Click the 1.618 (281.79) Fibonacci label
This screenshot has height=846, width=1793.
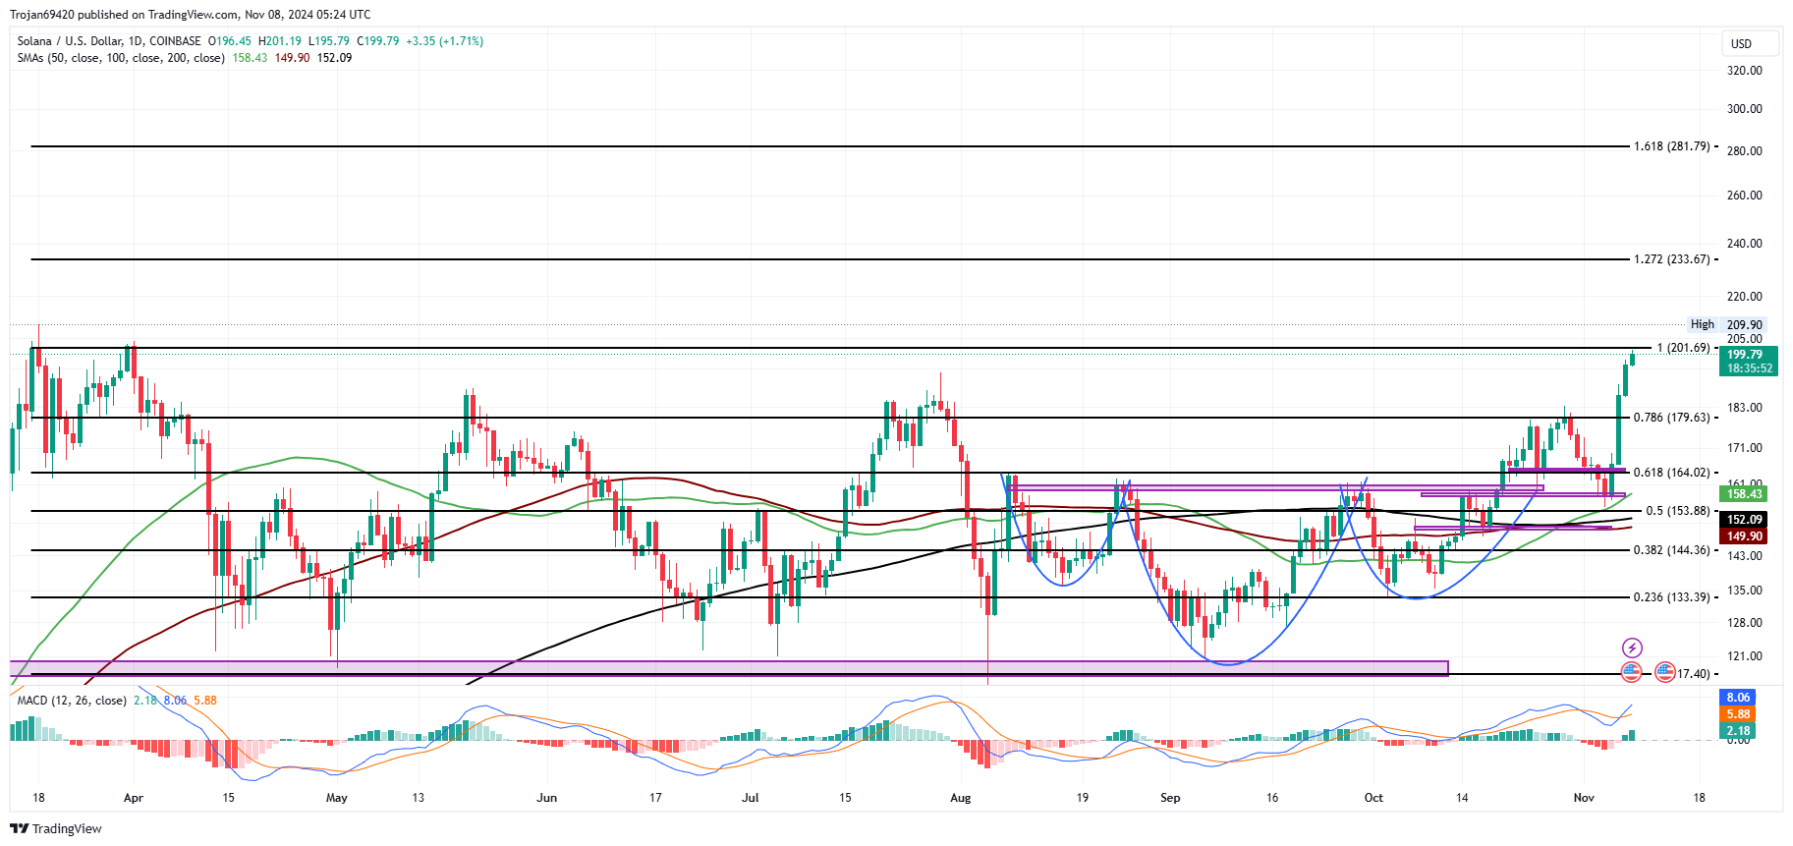(1672, 146)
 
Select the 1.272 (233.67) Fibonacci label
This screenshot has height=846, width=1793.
(1672, 259)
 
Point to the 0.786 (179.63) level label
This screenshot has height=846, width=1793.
(1672, 418)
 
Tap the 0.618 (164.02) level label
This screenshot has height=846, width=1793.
(1672, 473)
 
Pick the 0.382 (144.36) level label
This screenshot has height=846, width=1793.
(1672, 550)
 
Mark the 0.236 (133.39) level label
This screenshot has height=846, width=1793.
(1672, 597)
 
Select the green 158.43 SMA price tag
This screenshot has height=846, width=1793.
(1745, 494)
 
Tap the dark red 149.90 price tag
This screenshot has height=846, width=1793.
(1745, 536)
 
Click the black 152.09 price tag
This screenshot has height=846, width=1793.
(1745, 520)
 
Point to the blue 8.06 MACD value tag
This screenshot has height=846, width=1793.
(1738, 698)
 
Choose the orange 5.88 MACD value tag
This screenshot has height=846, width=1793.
(1738, 714)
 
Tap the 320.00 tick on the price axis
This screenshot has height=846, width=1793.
(1744, 71)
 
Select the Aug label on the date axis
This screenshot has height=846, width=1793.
(960, 798)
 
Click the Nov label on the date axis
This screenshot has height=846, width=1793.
(1583, 798)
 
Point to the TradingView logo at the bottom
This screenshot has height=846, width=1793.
(56, 828)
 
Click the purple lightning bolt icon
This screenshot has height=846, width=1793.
(1631, 648)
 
